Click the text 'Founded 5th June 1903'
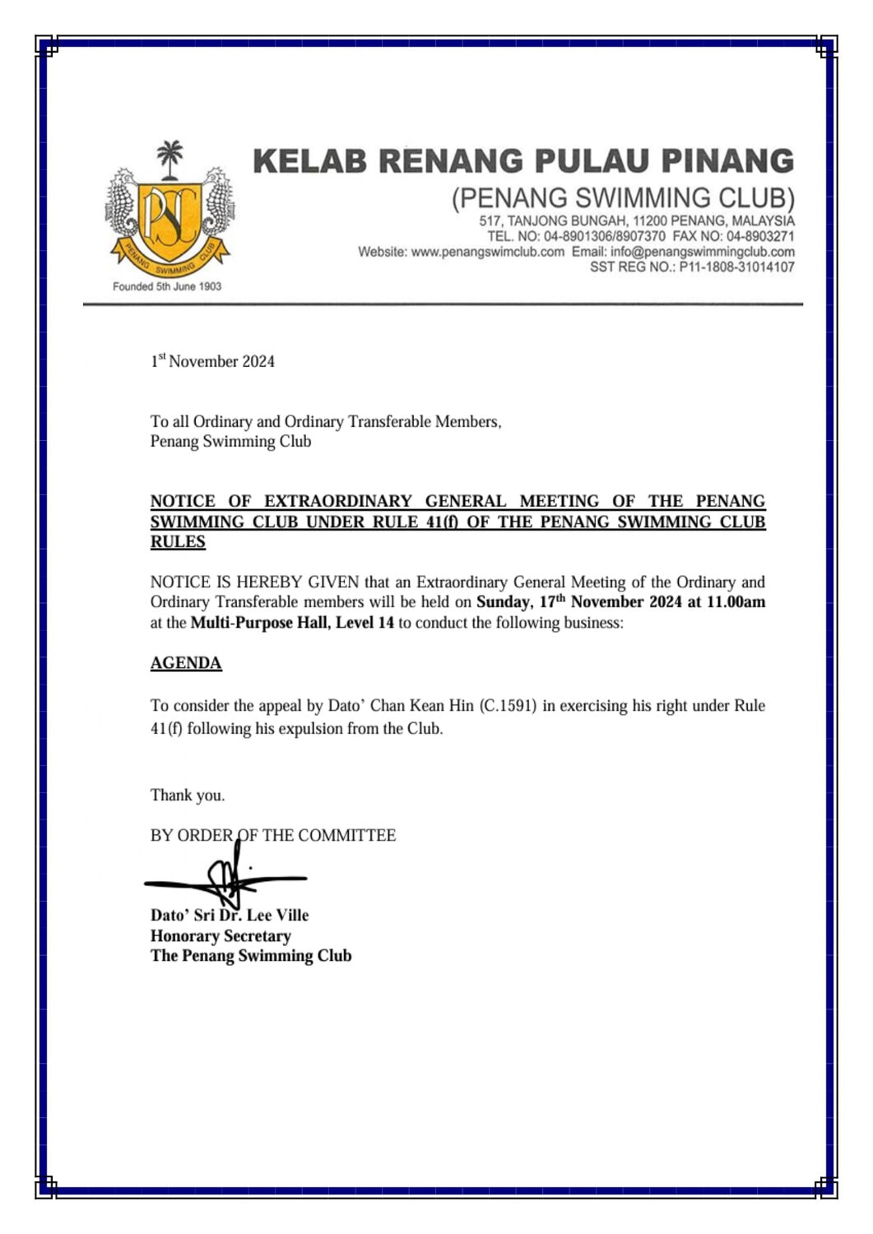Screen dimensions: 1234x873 click(167, 286)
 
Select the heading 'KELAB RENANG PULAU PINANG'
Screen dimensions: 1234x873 click(523, 160)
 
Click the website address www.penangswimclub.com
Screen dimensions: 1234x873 click(487, 252)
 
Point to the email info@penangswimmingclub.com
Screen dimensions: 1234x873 click(703, 252)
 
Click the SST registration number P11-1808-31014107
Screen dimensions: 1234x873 click(736, 267)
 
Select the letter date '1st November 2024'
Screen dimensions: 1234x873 click(212, 361)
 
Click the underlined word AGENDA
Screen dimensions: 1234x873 click(186, 663)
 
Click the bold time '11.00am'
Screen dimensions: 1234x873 click(736, 601)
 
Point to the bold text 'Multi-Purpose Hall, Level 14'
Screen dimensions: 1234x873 click(292, 623)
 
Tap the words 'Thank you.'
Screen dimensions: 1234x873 click(188, 795)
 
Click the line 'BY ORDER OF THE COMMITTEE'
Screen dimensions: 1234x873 click(273, 836)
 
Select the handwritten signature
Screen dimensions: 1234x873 click(226, 879)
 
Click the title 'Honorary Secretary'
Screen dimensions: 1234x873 click(221, 936)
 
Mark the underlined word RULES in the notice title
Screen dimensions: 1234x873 click(178, 542)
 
